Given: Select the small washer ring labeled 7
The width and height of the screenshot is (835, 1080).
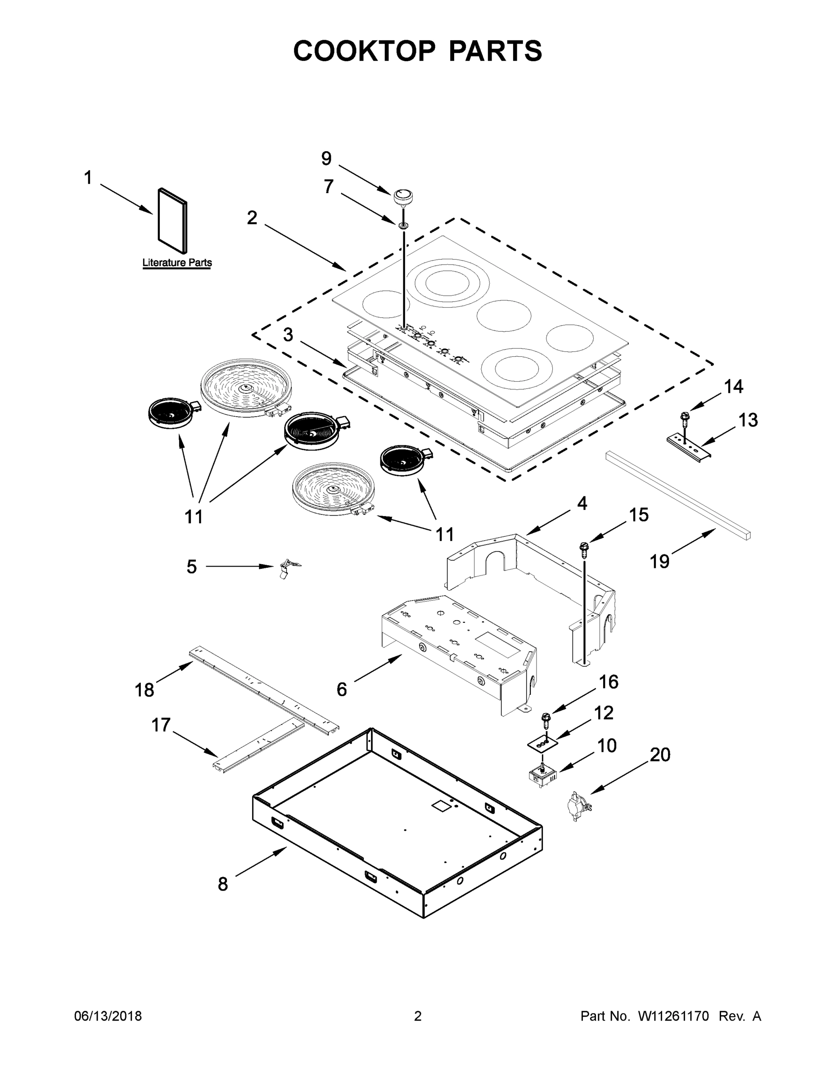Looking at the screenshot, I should [x=403, y=225].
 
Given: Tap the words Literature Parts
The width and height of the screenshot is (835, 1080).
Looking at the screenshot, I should [x=177, y=263].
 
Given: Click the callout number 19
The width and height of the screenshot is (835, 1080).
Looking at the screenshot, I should [x=659, y=561].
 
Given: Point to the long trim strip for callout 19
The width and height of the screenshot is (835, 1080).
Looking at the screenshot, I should [x=678, y=495].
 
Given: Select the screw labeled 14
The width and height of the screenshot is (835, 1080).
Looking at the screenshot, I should [x=685, y=419].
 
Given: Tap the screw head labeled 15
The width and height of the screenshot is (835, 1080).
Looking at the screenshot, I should [x=584, y=547].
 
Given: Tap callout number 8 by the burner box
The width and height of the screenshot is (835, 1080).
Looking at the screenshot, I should [x=223, y=884].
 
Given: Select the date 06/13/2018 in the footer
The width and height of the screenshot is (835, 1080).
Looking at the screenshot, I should [x=108, y=1016].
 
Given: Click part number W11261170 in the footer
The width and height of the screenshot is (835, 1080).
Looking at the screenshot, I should [x=673, y=1016].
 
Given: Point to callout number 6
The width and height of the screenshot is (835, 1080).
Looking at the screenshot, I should [x=342, y=689].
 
